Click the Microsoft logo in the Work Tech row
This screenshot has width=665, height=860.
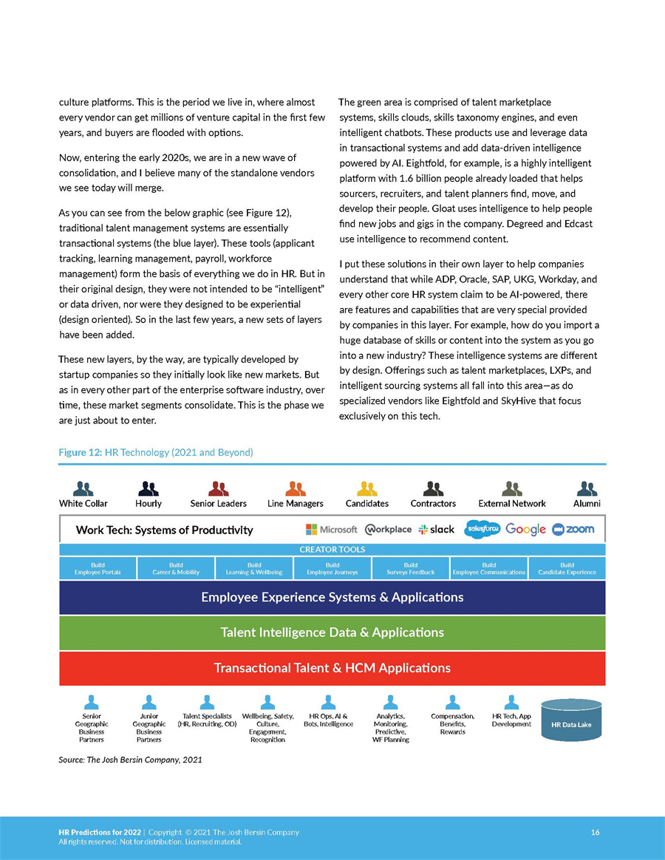pyautogui.click(x=331, y=530)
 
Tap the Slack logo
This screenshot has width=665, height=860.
pyautogui.click(x=436, y=530)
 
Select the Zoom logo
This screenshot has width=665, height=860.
pyautogui.click(x=573, y=530)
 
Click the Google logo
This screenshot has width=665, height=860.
pyautogui.click(x=525, y=530)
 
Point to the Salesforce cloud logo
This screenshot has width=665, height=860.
pyautogui.click(x=482, y=529)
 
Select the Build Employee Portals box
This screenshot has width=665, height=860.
pyautogui.click(x=98, y=568)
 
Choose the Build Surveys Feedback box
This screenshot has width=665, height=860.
pyautogui.click(x=411, y=568)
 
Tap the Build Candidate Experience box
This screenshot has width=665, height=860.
pyautogui.click(x=567, y=568)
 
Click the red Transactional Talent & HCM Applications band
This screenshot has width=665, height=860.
pyautogui.click(x=332, y=668)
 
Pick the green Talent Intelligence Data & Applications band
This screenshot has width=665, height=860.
pyautogui.click(x=332, y=632)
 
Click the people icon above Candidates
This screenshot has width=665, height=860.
pyautogui.click(x=367, y=488)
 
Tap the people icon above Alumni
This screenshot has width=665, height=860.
pyautogui.click(x=587, y=488)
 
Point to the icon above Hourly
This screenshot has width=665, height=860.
pyautogui.click(x=149, y=488)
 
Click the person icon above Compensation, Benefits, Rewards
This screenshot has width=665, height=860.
pyautogui.click(x=453, y=702)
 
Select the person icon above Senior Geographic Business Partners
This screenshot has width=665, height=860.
pyautogui.click(x=92, y=702)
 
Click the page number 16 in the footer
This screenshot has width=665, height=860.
pyautogui.click(x=595, y=833)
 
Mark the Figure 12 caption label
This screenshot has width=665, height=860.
pyautogui.click(x=155, y=452)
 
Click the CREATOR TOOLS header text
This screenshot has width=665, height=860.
pyautogui.click(x=332, y=550)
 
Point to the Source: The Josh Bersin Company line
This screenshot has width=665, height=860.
pyautogui.click(x=130, y=760)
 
